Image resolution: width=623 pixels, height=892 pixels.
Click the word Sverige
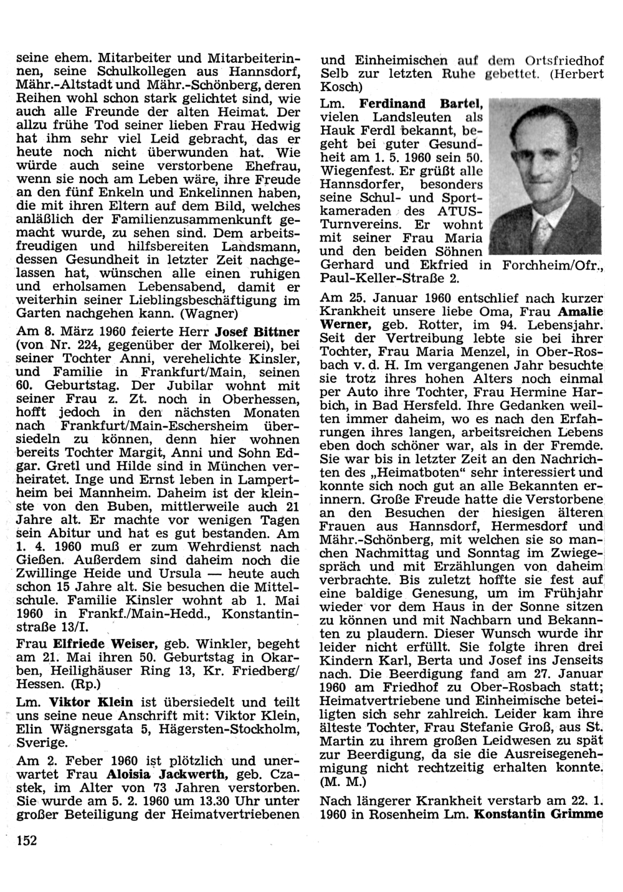[x=42, y=743]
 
